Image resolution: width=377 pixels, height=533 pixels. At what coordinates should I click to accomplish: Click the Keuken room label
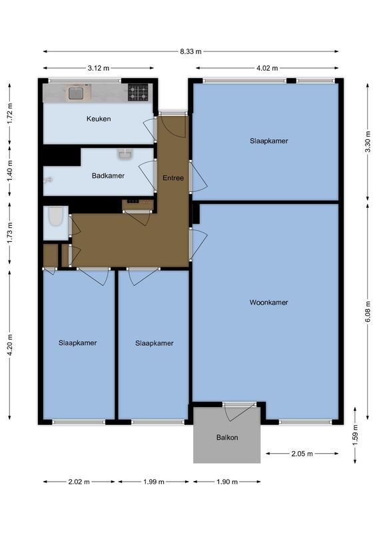[98, 119]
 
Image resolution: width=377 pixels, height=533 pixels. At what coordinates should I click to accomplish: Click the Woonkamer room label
[268, 302]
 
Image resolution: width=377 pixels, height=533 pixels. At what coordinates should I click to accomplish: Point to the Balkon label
[226, 438]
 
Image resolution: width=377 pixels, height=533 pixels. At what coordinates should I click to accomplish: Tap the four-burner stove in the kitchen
[138, 93]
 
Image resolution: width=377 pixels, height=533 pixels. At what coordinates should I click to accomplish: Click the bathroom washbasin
[126, 155]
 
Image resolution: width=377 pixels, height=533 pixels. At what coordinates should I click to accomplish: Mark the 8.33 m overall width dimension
[190, 51]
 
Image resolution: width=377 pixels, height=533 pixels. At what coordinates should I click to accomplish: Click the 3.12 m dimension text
[99, 68]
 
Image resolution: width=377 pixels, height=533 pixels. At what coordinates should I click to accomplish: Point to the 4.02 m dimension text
[267, 68]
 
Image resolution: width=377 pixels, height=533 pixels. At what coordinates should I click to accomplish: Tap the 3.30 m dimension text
[367, 141]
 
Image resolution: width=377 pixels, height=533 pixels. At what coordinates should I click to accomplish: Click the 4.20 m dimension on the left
[9, 345]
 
